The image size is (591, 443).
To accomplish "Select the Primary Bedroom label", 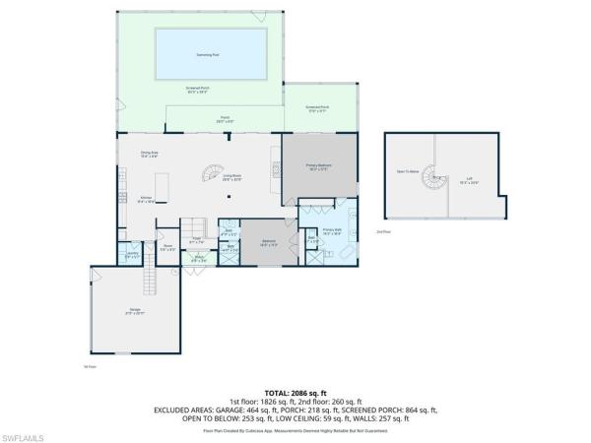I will pyautogui.click(x=317, y=168).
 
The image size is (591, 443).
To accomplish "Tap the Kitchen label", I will pyautogui.click(x=145, y=199).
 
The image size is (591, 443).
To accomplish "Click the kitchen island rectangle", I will pyautogui.click(x=164, y=187).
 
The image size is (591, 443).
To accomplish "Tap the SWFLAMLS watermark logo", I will pyautogui.click(x=27, y=434).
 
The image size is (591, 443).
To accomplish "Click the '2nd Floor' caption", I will pyautogui.click(x=382, y=230).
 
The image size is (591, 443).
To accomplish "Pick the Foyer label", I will pyautogui.click(x=197, y=240).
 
